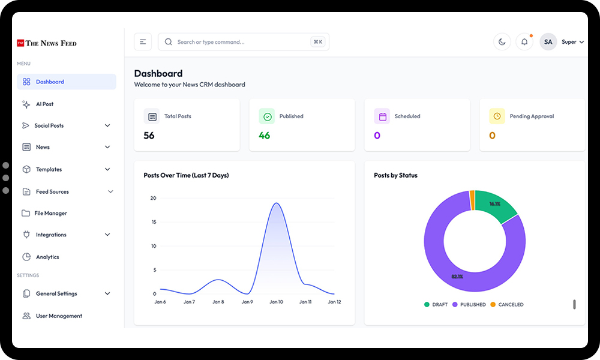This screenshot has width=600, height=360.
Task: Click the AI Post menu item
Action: [44, 104]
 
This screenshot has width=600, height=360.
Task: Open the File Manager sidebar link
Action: [50, 213]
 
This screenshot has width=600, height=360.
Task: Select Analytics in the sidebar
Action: [47, 257]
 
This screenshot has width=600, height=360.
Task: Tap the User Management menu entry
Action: [59, 316]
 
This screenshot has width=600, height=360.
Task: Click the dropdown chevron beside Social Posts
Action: [107, 125]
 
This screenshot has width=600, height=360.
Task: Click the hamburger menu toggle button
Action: [143, 42]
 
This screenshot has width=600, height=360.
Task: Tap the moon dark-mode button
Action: [502, 42]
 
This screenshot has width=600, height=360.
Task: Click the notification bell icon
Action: [524, 42]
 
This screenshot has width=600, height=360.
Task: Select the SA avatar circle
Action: [548, 42]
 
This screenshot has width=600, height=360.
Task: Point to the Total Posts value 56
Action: [149, 136]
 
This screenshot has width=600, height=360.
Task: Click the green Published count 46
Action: [265, 136]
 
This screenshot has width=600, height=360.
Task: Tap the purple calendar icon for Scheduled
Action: [382, 116]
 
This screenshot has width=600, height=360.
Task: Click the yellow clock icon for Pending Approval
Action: [497, 116]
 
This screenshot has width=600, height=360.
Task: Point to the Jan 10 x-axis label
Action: [276, 302]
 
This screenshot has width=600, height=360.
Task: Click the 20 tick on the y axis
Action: [153, 198]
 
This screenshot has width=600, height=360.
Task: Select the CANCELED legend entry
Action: [507, 305]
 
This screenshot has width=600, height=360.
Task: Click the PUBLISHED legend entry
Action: [469, 305]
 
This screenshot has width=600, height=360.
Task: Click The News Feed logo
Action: [47, 43]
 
